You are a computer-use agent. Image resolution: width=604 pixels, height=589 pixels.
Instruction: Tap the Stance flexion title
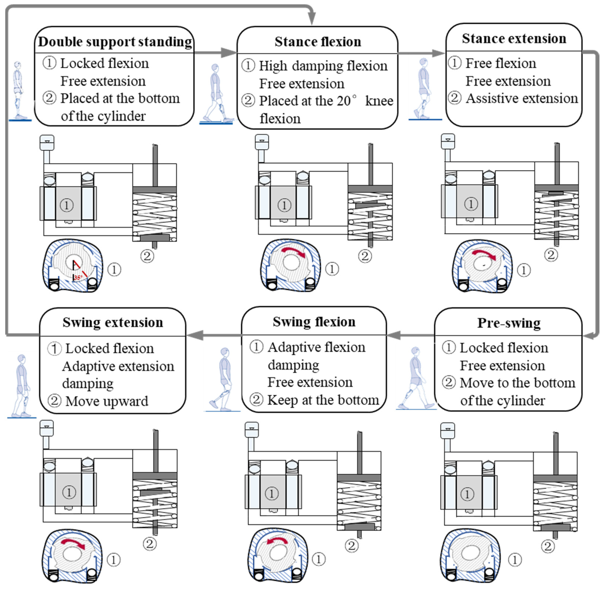(318, 42)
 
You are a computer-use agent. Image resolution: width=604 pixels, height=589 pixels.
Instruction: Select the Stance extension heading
(514, 39)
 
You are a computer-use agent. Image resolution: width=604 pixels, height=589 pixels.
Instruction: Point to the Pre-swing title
(509, 323)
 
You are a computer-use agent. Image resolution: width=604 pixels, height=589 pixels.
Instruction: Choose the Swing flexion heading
(314, 322)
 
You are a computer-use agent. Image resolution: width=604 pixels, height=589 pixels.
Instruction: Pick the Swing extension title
(113, 323)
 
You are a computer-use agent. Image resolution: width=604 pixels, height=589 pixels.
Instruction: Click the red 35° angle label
(78, 277)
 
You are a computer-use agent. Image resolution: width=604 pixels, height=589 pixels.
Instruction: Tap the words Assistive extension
(522, 98)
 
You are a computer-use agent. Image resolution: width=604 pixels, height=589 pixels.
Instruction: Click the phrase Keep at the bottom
(323, 400)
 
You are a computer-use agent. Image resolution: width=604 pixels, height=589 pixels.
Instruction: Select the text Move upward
(107, 401)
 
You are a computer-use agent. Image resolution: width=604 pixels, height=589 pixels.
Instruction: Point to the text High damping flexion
(323, 66)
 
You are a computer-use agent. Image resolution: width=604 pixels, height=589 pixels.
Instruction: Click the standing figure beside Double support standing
(18, 91)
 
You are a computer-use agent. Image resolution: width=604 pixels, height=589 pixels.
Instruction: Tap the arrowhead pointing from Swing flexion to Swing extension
(195, 335)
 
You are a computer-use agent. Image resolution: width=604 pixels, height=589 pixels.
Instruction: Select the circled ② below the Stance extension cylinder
(551, 255)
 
